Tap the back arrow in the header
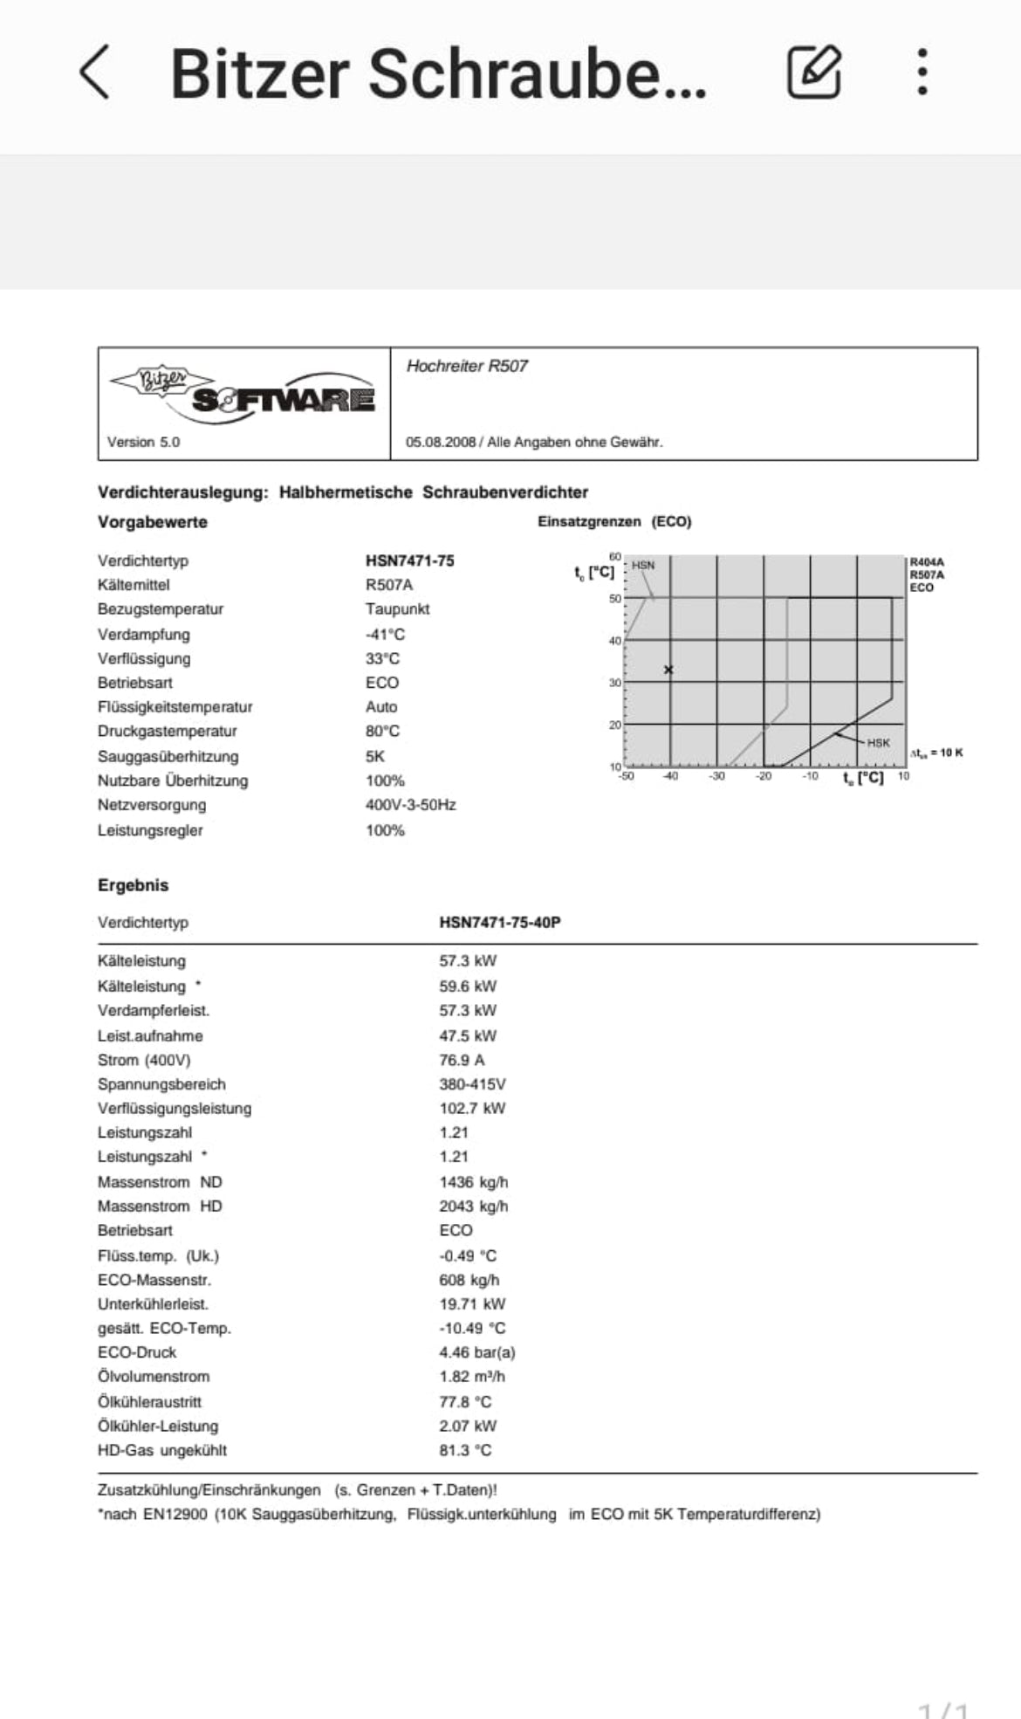click(95, 72)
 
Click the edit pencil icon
click(814, 72)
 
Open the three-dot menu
click(922, 72)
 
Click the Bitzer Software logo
click(243, 392)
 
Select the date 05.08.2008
click(440, 443)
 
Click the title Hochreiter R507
click(467, 367)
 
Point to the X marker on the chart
click(668, 670)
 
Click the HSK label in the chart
click(878, 743)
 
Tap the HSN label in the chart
click(643, 566)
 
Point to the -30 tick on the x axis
click(716, 776)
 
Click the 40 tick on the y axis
click(614, 641)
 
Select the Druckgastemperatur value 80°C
click(382, 732)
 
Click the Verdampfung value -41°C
click(385, 635)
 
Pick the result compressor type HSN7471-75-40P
click(499, 923)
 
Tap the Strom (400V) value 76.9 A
click(462, 1060)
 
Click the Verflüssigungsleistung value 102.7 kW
click(472, 1109)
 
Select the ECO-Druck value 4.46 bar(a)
click(476, 1352)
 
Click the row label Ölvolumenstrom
click(154, 1377)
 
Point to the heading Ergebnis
click(133, 885)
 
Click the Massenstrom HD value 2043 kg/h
click(473, 1207)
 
